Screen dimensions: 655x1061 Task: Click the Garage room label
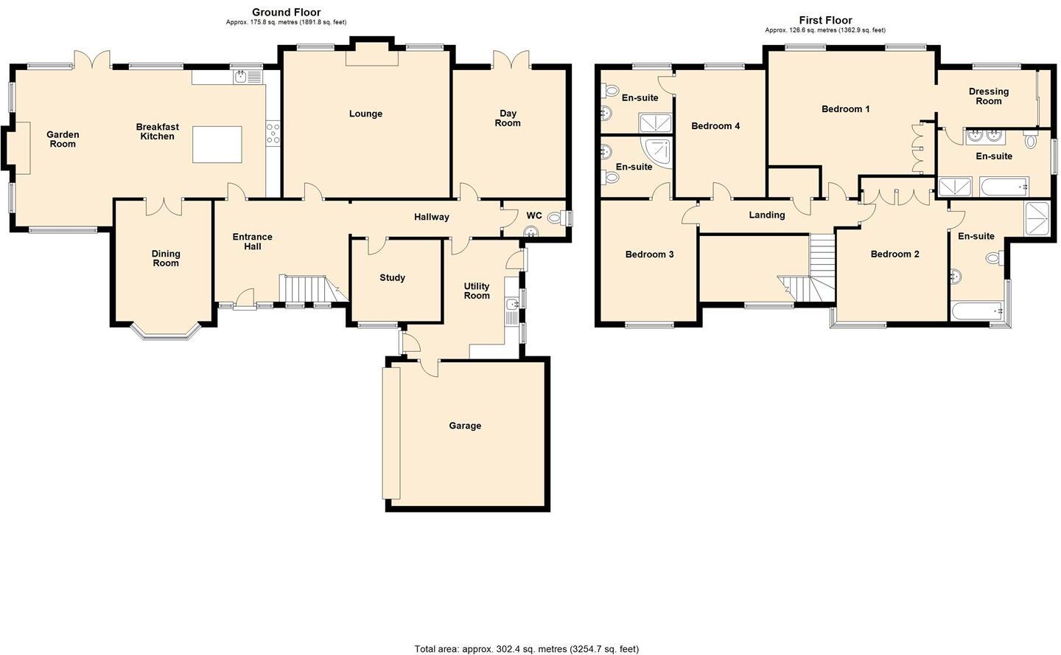(x=465, y=426)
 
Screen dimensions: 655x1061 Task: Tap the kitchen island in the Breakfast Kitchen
(x=217, y=144)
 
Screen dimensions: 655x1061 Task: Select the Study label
(x=392, y=278)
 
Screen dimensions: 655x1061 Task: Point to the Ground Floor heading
(x=286, y=12)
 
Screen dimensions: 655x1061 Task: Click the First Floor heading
(x=825, y=20)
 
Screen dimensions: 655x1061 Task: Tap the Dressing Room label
(x=988, y=96)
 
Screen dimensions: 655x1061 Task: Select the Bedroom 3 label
(x=649, y=254)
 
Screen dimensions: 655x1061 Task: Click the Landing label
(x=766, y=215)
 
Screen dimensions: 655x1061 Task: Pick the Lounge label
(x=365, y=114)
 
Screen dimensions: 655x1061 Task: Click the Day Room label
(x=508, y=118)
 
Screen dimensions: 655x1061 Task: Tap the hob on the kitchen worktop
(x=273, y=133)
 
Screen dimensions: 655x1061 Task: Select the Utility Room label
(x=477, y=291)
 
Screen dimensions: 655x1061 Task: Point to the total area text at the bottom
(x=526, y=649)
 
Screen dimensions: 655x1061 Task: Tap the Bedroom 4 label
(x=715, y=126)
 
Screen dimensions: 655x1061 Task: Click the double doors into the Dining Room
(x=164, y=206)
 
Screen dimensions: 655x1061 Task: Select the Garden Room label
(x=63, y=139)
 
